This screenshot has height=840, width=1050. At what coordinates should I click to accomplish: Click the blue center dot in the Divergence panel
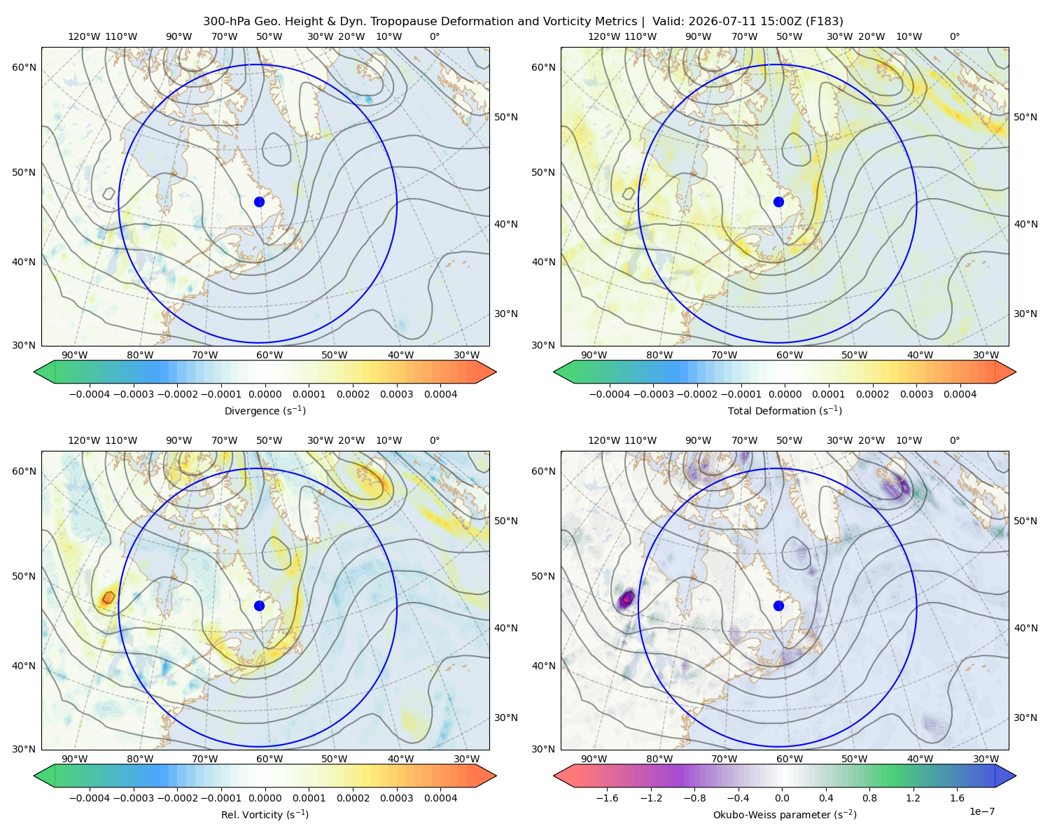pyautogui.click(x=259, y=202)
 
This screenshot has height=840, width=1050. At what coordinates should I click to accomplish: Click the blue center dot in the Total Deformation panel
pyautogui.click(x=778, y=202)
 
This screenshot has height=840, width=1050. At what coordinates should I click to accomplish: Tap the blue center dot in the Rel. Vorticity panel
pyautogui.click(x=259, y=605)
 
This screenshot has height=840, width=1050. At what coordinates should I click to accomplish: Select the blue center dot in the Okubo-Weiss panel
pyautogui.click(x=778, y=605)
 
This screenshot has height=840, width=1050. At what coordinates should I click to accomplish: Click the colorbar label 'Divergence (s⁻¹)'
pyautogui.click(x=265, y=410)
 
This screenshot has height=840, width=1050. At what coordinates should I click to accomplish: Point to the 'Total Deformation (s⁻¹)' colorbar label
pyautogui.click(x=785, y=410)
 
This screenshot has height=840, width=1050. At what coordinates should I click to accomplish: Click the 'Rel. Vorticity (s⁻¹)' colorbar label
pyautogui.click(x=265, y=814)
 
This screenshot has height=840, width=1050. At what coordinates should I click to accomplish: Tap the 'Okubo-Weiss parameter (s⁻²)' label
pyautogui.click(x=785, y=814)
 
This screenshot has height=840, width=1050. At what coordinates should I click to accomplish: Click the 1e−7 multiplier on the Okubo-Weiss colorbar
pyautogui.click(x=981, y=811)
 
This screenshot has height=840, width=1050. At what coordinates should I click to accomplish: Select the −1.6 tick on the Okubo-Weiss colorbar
pyautogui.click(x=607, y=797)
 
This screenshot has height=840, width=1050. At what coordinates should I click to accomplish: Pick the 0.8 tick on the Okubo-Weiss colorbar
pyautogui.click(x=869, y=797)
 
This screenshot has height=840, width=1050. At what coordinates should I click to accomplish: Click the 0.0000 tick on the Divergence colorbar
pyautogui.click(x=265, y=394)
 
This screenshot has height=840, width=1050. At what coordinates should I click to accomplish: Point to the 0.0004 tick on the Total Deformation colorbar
pyautogui.click(x=960, y=394)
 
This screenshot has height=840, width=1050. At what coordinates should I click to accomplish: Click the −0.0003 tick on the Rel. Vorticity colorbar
pyautogui.click(x=133, y=797)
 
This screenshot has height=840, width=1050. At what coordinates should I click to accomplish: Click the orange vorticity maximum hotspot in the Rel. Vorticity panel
pyautogui.click(x=108, y=597)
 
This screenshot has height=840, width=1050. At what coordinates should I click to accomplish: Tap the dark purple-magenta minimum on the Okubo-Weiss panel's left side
pyautogui.click(x=626, y=598)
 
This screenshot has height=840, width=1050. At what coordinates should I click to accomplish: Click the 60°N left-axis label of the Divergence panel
pyautogui.click(x=24, y=67)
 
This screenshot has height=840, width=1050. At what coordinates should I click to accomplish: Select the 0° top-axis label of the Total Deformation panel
pyautogui.click(x=954, y=36)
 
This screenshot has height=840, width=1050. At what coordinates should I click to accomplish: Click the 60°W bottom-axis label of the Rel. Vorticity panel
pyautogui.click(x=269, y=759)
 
